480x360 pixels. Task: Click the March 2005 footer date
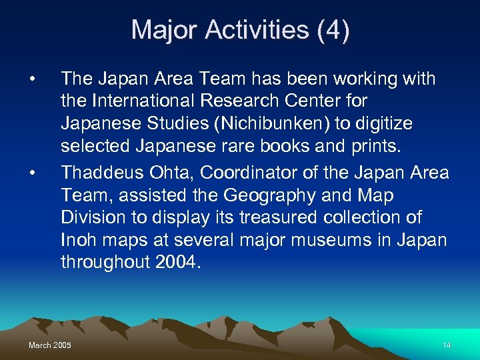[50, 345]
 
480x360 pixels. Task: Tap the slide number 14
[447, 345]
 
